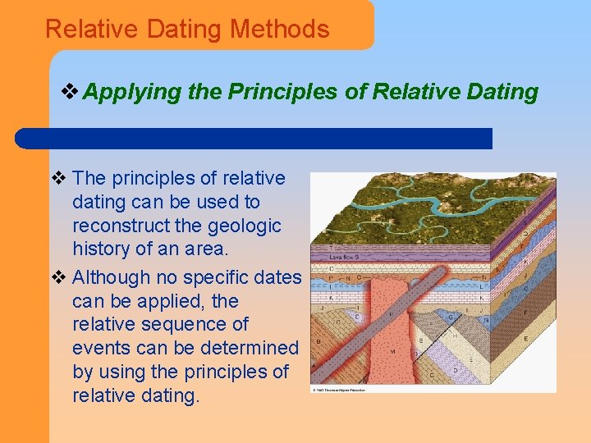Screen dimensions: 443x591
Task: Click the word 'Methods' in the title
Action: pos(280,30)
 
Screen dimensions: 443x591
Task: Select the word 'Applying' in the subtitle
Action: pos(132,92)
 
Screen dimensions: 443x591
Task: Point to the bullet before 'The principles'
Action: pos(57,178)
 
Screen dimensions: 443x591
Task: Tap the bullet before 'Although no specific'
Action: pos(57,277)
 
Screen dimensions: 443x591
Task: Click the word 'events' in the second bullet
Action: pos(101,349)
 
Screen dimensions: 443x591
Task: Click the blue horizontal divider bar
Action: pos(254,138)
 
